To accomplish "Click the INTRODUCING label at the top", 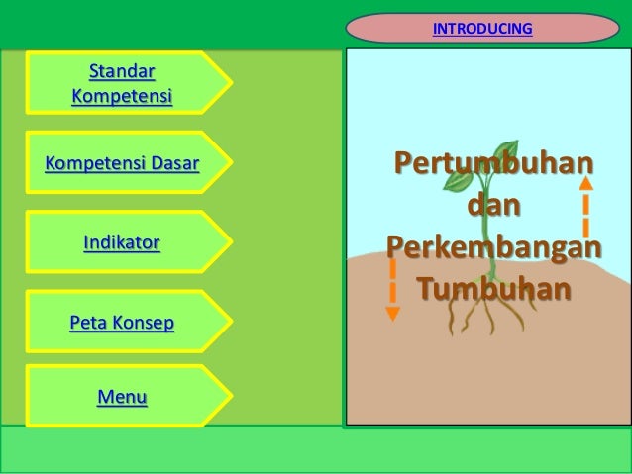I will click(482, 28).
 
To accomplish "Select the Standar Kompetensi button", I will click(122, 84).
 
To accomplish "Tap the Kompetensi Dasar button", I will click(122, 163).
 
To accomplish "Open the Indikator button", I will click(122, 241).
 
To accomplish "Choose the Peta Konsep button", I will click(122, 322).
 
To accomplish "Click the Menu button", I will click(122, 398).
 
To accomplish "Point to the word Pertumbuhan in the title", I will click(492, 163).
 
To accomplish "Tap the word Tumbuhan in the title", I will click(492, 289).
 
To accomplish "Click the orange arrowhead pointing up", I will click(586, 182).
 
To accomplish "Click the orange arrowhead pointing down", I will click(393, 314).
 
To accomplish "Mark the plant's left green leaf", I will click(458, 180).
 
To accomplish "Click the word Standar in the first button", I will click(122, 71).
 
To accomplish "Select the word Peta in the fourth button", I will click(86, 322).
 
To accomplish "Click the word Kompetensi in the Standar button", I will click(122, 97).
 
